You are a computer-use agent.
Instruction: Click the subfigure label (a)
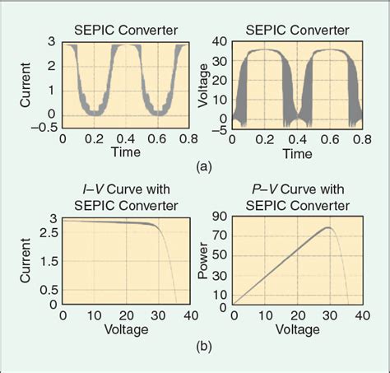tap(205, 166)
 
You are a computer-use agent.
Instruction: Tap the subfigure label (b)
tap(205, 347)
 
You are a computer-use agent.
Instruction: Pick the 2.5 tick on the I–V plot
tap(47, 234)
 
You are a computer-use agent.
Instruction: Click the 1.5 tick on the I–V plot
tap(47, 261)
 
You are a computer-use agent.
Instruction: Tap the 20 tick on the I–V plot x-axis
tap(125, 315)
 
